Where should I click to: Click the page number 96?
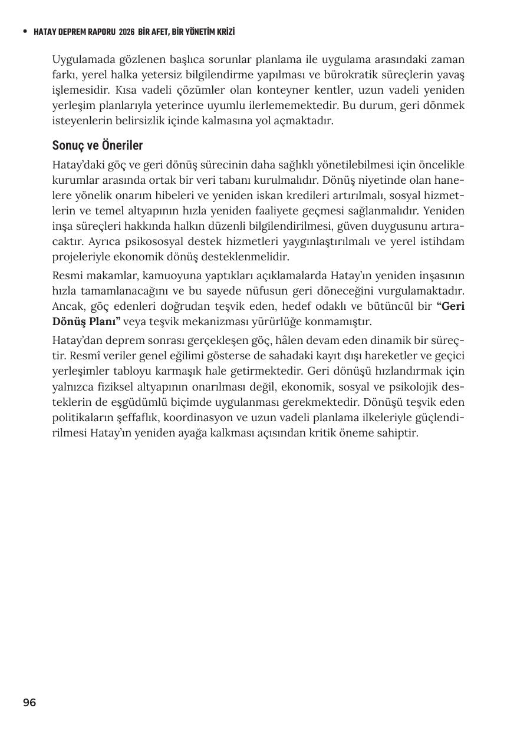(29, 703)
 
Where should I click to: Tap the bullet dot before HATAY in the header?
(25, 32)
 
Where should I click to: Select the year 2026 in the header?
(126, 32)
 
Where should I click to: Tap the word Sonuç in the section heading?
(67, 145)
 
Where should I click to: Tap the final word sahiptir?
(399, 433)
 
